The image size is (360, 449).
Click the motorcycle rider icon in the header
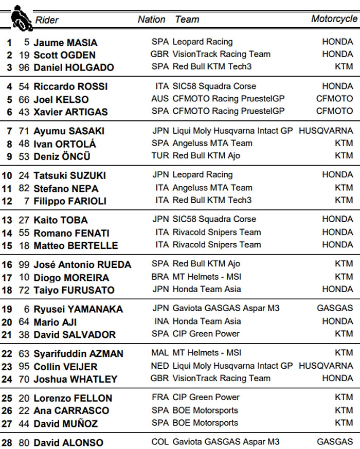pos(20,16)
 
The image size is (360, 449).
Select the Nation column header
pos(151,20)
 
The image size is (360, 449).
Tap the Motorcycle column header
pos(334,19)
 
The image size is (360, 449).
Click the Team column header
pos(187,20)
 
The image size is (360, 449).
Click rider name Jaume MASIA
pos(65,43)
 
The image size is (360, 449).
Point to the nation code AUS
pos(160,99)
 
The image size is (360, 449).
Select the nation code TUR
pos(160,156)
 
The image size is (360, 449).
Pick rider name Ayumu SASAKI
pos(69,131)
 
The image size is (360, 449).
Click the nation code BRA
pos(160,277)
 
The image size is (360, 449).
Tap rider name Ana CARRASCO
pos(71,411)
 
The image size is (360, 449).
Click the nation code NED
pos(160,366)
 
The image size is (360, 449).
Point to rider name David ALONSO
pos(68,443)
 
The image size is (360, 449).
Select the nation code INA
pos(161,321)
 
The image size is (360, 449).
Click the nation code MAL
pos(160,353)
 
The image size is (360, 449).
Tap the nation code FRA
pos(160,398)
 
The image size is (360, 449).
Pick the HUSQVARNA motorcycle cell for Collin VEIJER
pos(326,366)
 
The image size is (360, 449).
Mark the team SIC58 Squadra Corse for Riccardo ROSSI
pos(214,86)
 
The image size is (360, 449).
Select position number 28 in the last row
pos(7,443)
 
